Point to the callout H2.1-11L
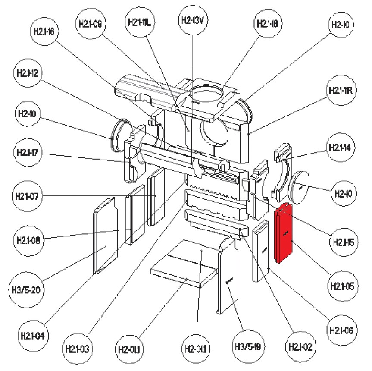pyautogui.click(x=139, y=21)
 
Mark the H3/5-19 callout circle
pyautogui.click(x=249, y=346)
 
